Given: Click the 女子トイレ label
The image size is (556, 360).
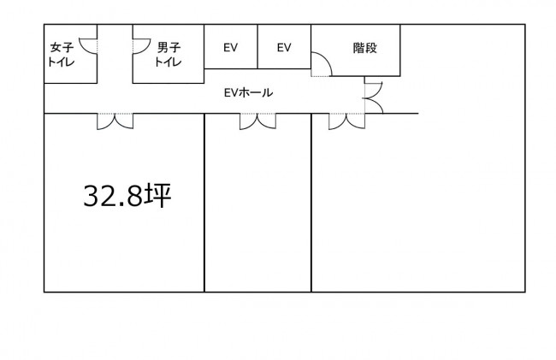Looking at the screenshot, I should [62, 55].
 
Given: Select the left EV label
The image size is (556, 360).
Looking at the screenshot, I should [230, 48].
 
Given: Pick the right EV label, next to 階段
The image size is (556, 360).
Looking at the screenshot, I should [284, 48].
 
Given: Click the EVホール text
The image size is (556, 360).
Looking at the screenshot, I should [248, 92].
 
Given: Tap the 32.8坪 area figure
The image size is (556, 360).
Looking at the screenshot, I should [128, 197].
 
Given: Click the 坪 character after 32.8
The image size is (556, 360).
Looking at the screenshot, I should [159, 197].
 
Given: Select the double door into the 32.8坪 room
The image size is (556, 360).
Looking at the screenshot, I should [115, 121].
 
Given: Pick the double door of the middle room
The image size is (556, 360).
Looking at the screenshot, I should [257, 121].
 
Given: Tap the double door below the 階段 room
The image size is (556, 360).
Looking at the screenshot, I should [346, 121].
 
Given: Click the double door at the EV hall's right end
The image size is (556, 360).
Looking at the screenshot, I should [373, 96].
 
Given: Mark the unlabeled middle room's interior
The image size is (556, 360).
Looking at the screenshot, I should [257, 205].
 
